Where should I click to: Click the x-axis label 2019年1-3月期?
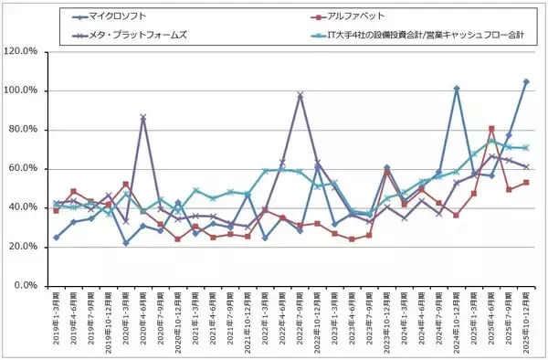click(x=57, y=320)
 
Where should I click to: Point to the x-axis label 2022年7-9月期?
click(x=300, y=320)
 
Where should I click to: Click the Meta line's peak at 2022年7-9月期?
click(x=300, y=94)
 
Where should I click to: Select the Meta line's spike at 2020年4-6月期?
click(x=143, y=117)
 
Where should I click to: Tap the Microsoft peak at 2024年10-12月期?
click(x=456, y=89)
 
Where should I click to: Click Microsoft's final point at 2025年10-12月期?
click(x=525, y=81)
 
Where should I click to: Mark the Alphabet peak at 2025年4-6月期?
click(x=491, y=128)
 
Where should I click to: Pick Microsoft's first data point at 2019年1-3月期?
click(x=57, y=237)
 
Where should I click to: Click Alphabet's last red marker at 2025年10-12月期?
click(x=525, y=182)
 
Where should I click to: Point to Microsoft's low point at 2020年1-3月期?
click(x=126, y=243)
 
